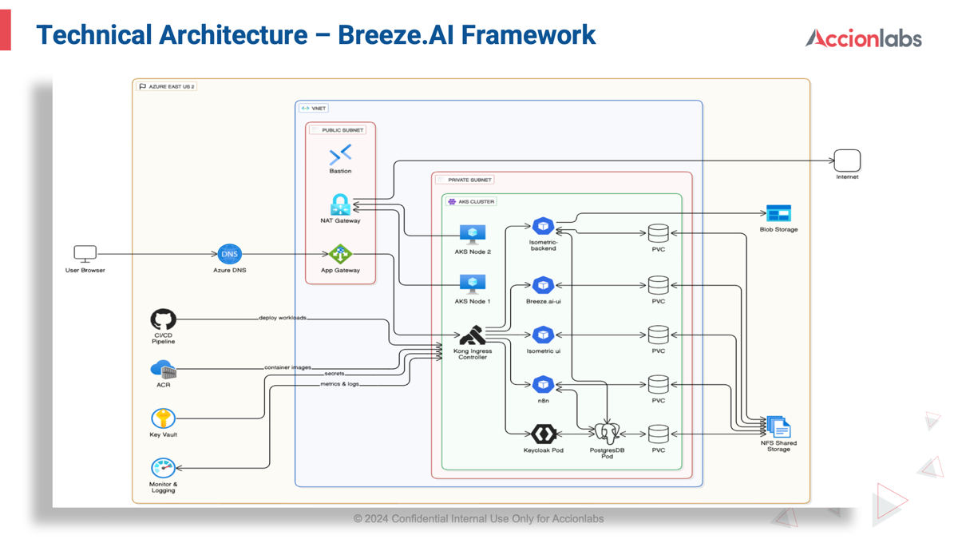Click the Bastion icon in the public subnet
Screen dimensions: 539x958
pos(340,154)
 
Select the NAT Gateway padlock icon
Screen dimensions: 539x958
pos(340,204)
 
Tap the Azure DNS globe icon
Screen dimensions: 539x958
pos(229,254)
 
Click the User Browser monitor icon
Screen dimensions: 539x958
pos(85,254)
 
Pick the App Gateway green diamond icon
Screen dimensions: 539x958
pos(340,254)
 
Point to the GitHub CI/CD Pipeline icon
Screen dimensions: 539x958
pos(163,319)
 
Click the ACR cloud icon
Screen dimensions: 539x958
pos(163,370)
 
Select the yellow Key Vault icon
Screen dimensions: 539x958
pos(163,418)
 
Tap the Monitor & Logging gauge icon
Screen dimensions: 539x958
pos(163,467)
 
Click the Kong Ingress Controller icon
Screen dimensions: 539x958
pos(472,335)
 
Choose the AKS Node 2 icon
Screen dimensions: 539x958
pos(472,235)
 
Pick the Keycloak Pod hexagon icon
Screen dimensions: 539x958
pos(543,434)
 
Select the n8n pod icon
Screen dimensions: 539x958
pos(543,384)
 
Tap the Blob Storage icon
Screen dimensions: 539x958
pos(778,213)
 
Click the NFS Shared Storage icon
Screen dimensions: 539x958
pos(778,426)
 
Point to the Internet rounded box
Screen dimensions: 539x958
pos(847,160)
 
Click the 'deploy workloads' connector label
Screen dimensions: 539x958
pos(283,318)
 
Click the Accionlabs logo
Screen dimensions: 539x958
pos(863,38)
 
